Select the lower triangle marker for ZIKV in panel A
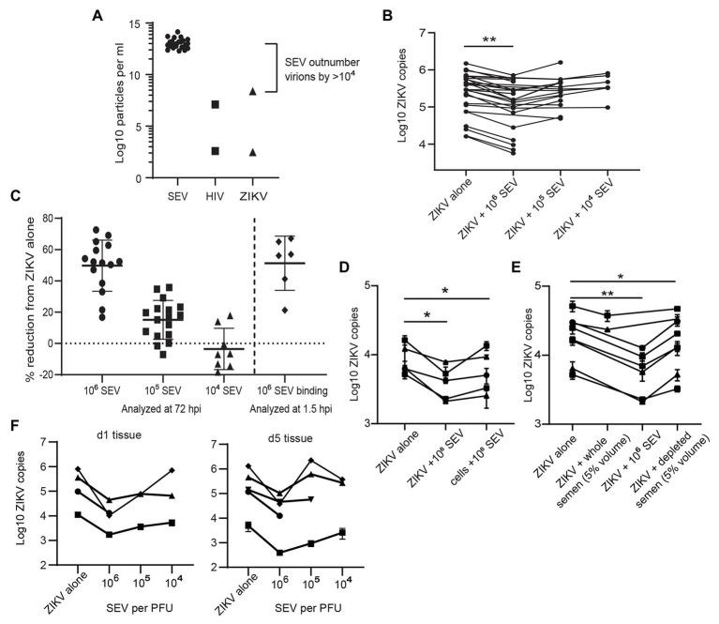252,151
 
